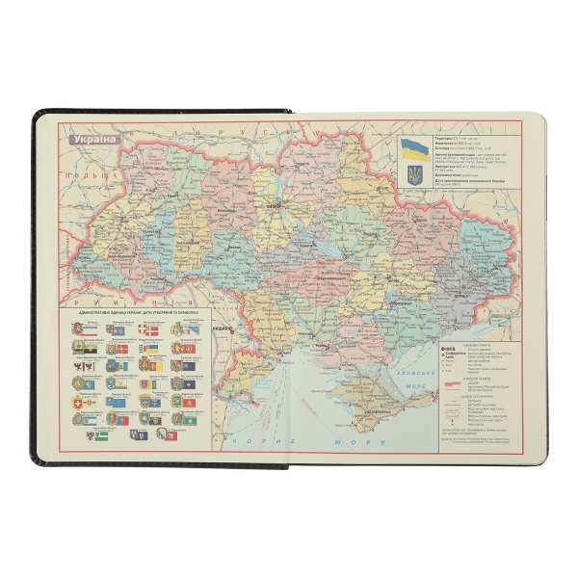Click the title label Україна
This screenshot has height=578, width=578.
[x=92, y=139]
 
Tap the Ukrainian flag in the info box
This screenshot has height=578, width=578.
[x=415, y=149]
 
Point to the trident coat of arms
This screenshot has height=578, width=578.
[x=415, y=175]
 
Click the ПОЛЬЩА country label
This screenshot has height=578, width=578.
[x=72, y=178]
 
